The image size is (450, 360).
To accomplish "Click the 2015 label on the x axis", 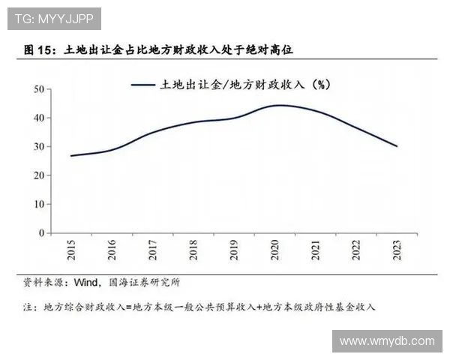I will click(x=72, y=250).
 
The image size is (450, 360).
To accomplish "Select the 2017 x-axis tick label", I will click(x=153, y=250).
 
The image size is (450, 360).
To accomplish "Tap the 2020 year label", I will click(x=275, y=250).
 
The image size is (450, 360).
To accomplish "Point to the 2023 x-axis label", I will click(x=397, y=250).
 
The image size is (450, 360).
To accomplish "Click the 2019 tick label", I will click(x=235, y=250).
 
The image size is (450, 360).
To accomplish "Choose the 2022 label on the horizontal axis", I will click(x=357, y=250).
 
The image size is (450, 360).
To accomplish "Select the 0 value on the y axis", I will click(x=42, y=233).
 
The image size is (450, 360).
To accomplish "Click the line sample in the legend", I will click(x=142, y=85).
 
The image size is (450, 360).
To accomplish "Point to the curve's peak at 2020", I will click(x=278, y=105).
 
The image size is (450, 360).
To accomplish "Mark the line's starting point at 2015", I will click(x=71, y=156).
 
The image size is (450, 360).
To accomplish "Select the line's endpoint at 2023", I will click(x=397, y=146).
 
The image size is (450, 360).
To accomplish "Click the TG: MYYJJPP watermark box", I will click(x=53, y=18).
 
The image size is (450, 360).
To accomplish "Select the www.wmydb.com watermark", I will click(x=387, y=341).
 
